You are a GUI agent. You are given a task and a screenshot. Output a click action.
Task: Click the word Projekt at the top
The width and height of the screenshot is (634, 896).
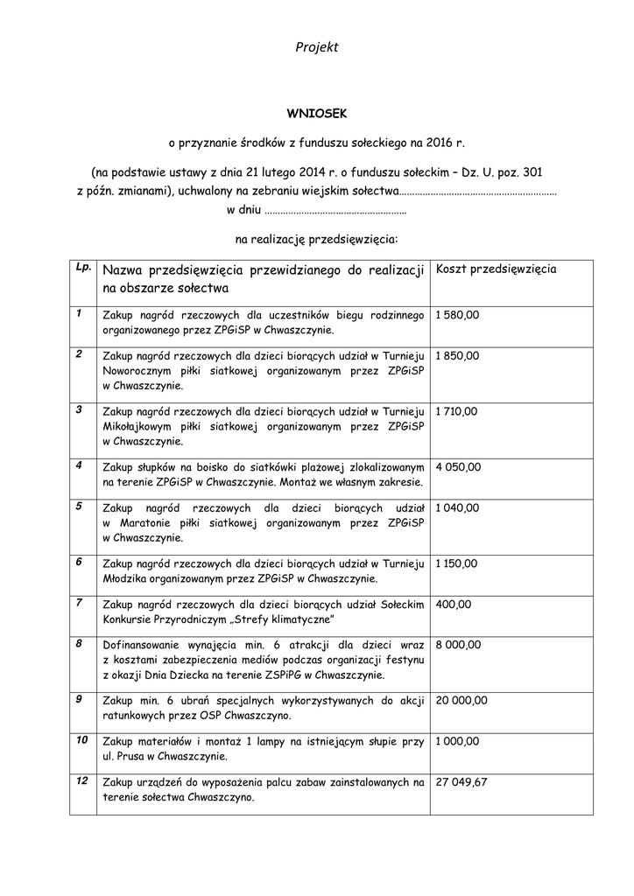pos(317,47)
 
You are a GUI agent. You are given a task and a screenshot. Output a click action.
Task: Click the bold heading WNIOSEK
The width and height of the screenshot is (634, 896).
pos(317,113)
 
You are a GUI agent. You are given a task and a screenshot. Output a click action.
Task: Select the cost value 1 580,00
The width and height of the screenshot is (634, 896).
pos(457,315)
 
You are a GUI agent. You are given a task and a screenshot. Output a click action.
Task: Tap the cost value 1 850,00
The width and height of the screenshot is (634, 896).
pos(457,356)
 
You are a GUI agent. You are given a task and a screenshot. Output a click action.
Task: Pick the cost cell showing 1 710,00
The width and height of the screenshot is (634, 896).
pos(457,410)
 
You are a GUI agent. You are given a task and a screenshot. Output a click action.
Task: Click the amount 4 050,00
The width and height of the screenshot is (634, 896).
pos(458,466)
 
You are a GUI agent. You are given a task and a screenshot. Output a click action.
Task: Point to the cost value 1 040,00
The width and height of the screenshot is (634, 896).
pos(457,507)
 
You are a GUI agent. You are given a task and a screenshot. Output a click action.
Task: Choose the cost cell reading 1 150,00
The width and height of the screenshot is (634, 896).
pos(457,563)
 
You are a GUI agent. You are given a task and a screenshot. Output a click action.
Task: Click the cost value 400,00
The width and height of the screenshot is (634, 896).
pos(453,604)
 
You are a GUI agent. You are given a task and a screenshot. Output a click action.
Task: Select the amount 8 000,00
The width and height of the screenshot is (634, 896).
pos(458,645)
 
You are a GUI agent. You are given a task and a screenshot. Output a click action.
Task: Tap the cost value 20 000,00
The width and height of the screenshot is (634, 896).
pos(461,699)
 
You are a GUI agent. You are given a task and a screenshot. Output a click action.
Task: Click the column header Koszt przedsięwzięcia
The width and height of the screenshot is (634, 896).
pos(496,269)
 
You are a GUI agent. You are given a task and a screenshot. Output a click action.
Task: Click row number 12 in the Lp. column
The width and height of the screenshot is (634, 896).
pos(82,780)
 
